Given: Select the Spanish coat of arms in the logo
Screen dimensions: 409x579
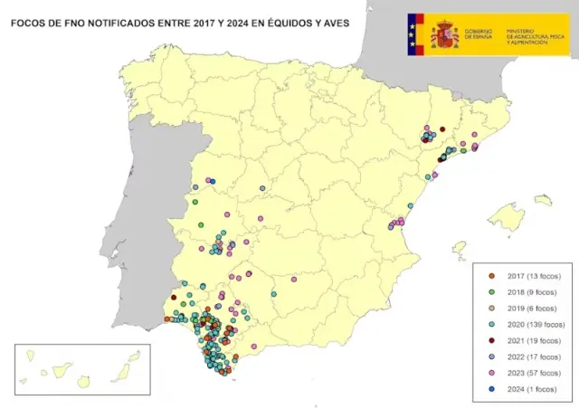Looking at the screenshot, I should click(x=444, y=34).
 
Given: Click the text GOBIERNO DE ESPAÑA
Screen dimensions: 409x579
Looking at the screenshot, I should click(x=479, y=35).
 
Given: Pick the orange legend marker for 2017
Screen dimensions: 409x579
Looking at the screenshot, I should click(x=492, y=274).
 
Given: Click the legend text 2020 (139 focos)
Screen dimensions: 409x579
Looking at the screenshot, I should click(x=536, y=323).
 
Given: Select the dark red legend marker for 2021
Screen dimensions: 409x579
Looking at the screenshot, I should click(x=492, y=340).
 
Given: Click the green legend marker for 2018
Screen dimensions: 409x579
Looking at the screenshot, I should click(x=492, y=290).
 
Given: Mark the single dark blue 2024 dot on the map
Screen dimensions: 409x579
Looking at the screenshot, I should click(x=212, y=181).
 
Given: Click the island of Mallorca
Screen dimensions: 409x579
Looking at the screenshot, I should click(x=507, y=217).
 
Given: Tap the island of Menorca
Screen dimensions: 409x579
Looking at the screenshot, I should click(x=543, y=200).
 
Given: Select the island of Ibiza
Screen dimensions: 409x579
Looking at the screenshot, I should click(x=460, y=246).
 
